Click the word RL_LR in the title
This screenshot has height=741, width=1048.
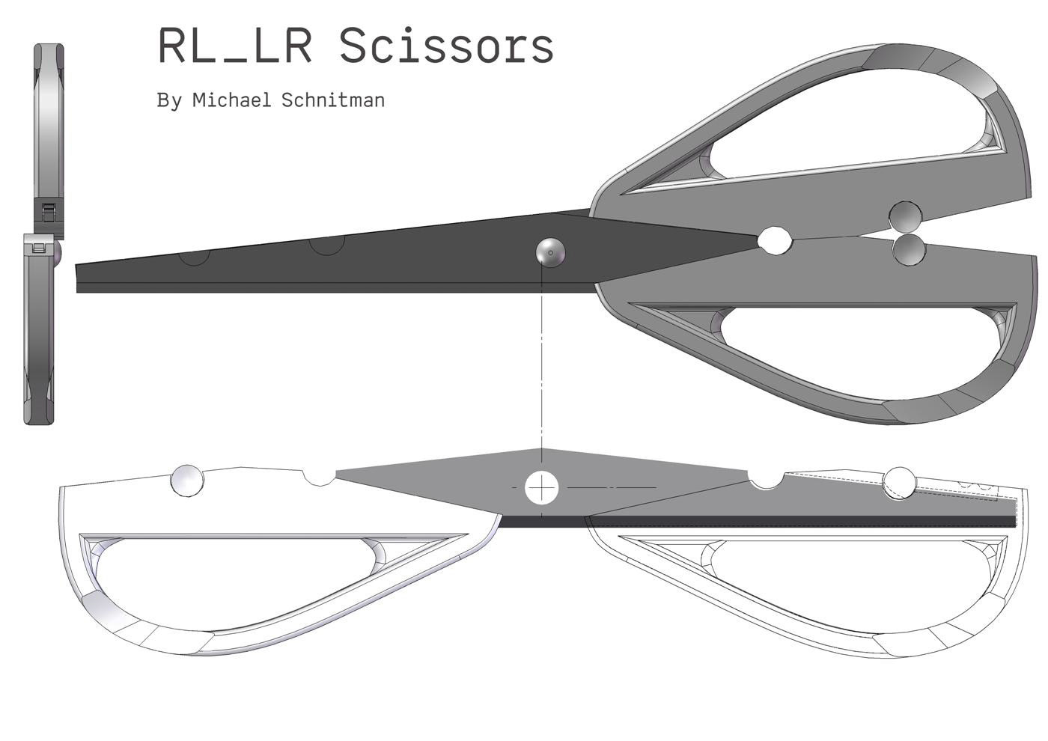(x=234, y=46)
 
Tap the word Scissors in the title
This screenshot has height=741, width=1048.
(x=446, y=46)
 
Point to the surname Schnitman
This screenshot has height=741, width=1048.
(x=333, y=100)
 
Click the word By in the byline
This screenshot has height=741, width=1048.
(x=169, y=100)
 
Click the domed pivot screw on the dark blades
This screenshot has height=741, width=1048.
(x=550, y=252)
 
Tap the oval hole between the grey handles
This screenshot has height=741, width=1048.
(x=775, y=240)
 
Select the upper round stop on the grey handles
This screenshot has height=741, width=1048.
(x=905, y=217)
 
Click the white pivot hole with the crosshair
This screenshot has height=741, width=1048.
(x=541, y=488)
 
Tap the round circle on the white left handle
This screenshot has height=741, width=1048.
(x=187, y=480)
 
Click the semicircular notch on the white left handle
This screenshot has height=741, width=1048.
(x=320, y=477)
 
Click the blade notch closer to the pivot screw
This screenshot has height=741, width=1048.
(x=327, y=245)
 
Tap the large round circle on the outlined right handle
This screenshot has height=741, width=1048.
(x=899, y=481)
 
